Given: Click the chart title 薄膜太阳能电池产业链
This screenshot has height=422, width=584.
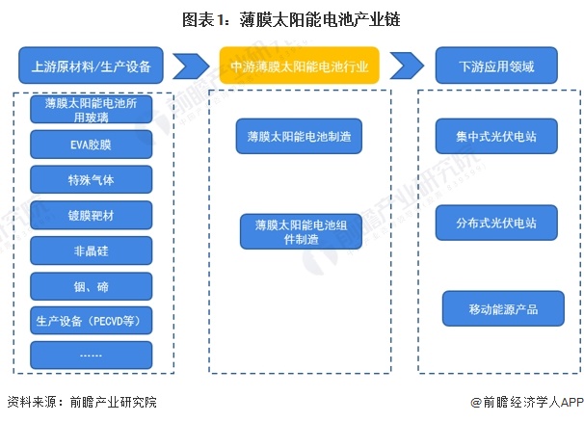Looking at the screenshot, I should click(292, 18).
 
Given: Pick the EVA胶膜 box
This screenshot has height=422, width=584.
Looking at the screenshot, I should click(91, 145).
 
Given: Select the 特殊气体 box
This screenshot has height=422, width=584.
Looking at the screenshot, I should click(91, 180).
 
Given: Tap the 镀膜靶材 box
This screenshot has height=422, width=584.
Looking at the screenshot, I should click(91, 215).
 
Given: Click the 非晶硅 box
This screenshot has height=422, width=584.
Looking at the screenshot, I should click(91, 251).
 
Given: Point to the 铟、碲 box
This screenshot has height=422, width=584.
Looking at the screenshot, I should click(91, 286).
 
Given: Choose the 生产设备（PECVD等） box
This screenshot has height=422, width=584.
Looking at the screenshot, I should click(91, 321).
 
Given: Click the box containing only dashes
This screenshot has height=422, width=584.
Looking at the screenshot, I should click(91, 356).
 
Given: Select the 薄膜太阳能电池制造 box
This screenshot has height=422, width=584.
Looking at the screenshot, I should click(300, 136).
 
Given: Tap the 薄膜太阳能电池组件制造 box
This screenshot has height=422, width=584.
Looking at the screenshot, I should click(300, 232).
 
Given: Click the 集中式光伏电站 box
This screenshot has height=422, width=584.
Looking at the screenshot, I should click(496, 136).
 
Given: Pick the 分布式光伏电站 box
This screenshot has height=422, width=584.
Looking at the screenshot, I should click(496, 223).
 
